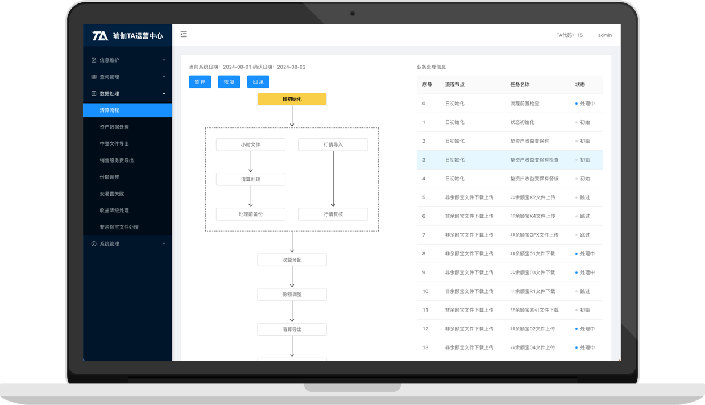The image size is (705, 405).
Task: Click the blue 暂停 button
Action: click(x=200, y=82)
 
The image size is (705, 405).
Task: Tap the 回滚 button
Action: click(x=258, y=82)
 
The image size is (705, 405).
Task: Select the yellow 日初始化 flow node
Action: click(x=292, y=99)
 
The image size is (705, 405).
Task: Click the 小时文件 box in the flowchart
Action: click(x=251, y=144)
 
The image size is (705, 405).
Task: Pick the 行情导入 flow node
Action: click(x=333, y=144)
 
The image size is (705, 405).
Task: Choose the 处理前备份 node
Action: click(x=251, y=214)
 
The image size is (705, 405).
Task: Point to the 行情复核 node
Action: click(x=333, y=214)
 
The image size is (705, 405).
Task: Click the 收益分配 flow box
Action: click(x=292, y=260)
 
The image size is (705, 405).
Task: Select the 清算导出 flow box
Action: click(x=292, y=329)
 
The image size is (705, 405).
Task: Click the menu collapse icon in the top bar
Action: click(x=184, y=34)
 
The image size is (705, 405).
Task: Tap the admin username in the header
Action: click(x=604, y=35)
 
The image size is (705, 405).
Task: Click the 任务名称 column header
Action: click(x=520, y=85)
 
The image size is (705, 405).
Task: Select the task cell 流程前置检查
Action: click(x=525, y=104)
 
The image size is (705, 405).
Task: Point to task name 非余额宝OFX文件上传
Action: click(x=534, y=235)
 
